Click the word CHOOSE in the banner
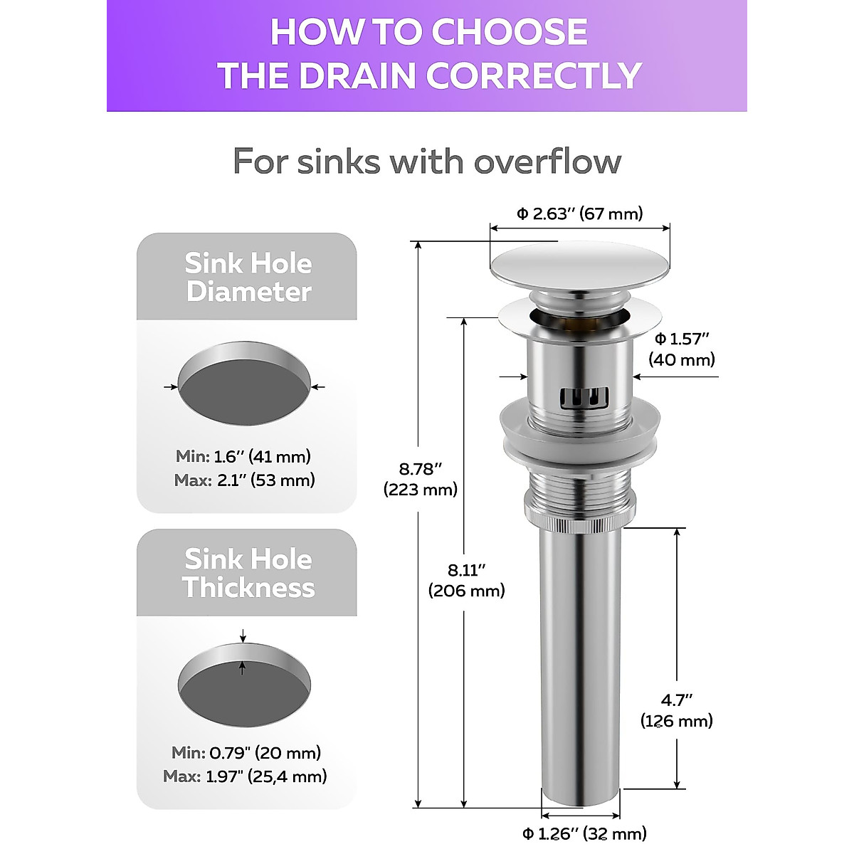(x=509, y=32)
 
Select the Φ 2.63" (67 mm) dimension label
(x=579, y=213)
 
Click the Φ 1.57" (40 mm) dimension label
(x=682, y=349)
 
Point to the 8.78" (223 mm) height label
(x=420, y=479)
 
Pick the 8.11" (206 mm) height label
(x=466, y=580)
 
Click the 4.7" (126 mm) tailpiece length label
(x=676, y=710)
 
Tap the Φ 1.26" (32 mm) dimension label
(x=584, y=833)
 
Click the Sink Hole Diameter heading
(x=248, y=278)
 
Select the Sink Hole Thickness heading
(x=248, y=574)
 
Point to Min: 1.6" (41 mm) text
(x=243, y=456)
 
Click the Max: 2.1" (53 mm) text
(x=244, y=480)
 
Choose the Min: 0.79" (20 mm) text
(x=246, y=752)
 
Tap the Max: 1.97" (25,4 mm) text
(x=245, y=776)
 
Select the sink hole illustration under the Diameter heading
(x=244, y=384)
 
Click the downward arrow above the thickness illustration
(x=243, y=636)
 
